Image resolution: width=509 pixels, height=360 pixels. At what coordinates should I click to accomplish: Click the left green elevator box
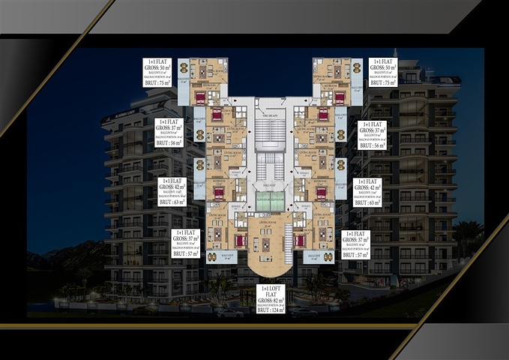(262, 200)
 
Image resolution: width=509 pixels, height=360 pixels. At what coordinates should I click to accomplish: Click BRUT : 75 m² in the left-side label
(157, 84)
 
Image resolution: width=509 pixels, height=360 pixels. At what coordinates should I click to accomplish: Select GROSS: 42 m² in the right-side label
(367, 188)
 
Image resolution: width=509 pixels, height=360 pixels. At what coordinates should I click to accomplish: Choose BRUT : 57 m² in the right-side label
(355, 254)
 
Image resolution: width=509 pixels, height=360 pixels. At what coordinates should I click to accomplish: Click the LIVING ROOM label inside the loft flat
(269, 223)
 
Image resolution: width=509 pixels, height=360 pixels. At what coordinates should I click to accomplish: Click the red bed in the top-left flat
(200, 97)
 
